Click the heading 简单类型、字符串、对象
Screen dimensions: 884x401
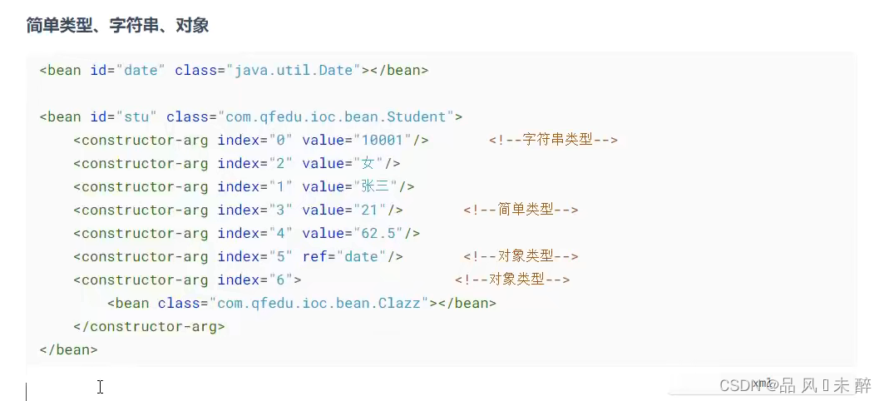(117, 26)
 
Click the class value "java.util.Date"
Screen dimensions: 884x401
(289, 70)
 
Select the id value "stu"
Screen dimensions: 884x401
(136, 116)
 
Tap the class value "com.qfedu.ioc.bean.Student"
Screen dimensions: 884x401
(334, 116)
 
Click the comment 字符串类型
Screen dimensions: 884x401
(553, 140)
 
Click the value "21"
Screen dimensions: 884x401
(370, 210)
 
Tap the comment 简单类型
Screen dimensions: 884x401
(521, 210)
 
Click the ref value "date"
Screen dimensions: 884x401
(361, 256)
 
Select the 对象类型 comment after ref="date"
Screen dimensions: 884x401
(521, 256)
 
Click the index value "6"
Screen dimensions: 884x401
(280, 280)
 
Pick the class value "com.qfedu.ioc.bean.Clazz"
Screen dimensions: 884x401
(322, 303)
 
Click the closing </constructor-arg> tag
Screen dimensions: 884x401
(149, 326)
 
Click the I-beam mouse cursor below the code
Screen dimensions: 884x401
(100, 387)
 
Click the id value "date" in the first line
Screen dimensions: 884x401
(141, 70)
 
